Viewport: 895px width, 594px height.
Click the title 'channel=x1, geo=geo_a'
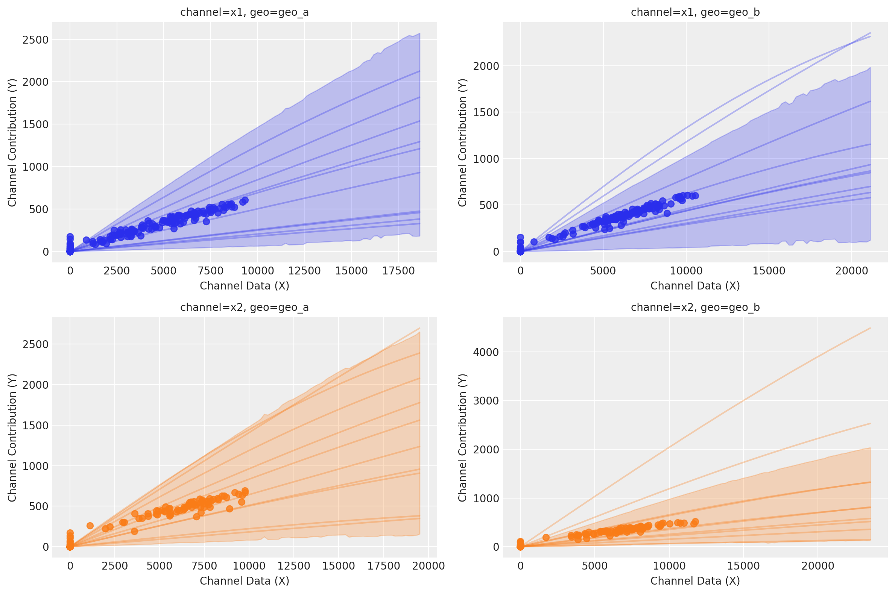[x=245, y=12]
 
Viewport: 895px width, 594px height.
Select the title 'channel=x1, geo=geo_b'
[x=695, y=12]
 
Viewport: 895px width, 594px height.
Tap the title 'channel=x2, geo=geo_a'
[x=245, y=307]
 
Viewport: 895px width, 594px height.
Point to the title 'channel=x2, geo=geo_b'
[x=695, y=307]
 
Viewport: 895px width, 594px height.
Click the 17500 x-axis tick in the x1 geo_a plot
[x=398, y=271]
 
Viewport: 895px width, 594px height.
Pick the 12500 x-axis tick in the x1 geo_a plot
[x=304, y=271]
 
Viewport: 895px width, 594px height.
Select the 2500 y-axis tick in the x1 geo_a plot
[x=35, y=40]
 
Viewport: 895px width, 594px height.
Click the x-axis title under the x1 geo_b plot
[x=695, y=286]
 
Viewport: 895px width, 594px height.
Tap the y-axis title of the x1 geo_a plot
[x=12, y=142]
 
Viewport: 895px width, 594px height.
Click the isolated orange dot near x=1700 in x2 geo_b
[x=546, y=537]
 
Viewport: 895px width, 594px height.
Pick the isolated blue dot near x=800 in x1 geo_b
[x=534, y=242]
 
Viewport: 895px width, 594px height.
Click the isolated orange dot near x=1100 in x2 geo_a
[x=90, y=526]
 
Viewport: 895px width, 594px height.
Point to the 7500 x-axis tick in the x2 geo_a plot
[x=204, y=566]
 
